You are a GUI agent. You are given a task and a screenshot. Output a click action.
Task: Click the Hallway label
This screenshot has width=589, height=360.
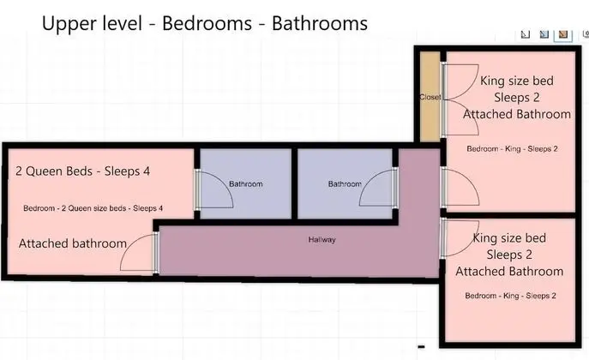click(322, 239)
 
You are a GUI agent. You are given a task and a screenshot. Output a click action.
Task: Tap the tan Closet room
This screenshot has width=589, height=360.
click(430, 97)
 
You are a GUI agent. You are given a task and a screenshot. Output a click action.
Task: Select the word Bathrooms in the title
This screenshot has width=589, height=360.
click(320, 23)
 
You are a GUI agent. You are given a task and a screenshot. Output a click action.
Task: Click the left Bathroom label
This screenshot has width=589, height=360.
click(246, 184)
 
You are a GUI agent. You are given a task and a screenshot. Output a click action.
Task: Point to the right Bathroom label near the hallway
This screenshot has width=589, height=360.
click(345, 184)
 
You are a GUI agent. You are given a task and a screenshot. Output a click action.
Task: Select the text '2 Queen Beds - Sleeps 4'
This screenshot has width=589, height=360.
click(82, 171)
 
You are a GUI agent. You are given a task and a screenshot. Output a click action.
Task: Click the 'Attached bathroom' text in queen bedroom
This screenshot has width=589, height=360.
click(73, 243)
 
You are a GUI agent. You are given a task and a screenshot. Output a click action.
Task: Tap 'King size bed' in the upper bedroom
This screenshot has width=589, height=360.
click(516, 81)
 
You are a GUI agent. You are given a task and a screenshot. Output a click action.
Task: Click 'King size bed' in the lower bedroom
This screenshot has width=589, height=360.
click(509, 238)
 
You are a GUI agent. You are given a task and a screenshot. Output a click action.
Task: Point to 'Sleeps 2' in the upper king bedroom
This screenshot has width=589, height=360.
click(516, 98)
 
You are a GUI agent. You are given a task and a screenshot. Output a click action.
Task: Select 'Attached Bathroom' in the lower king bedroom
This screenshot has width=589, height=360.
click(509, 271)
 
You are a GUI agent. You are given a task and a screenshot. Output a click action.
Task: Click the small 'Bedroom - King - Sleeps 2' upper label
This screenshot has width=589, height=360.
click(512, 148)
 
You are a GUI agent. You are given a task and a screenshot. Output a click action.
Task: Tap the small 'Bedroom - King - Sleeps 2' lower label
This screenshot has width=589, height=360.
click(510, 296)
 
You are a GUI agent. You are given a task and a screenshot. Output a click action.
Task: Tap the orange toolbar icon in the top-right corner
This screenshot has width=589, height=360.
click(562, 34)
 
